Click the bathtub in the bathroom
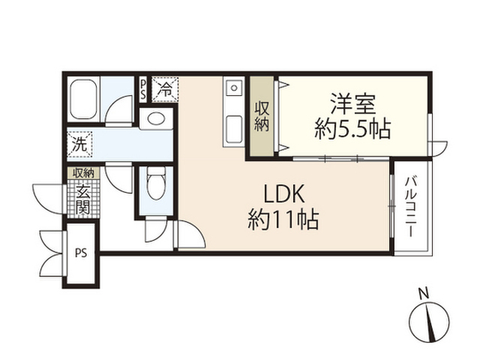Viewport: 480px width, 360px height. [x=83, y=99]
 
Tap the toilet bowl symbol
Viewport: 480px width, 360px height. [x=156, y=183]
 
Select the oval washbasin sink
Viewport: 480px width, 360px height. [x=156, y=118]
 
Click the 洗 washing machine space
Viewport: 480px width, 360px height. [x=79, y=144]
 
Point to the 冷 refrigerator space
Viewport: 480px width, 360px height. [x=165, y=89]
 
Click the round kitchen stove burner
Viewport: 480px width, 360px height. [x=234, y=88]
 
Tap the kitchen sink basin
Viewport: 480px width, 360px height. [x=234, y=129]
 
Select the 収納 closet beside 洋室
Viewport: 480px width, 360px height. [x=262, y=116]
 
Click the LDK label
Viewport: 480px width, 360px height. [x=284, y=193]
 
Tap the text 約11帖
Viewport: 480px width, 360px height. [x=283, y=219]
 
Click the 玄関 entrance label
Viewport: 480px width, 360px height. [x=83, y=199]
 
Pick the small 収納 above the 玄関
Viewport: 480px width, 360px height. [x=83, y=173]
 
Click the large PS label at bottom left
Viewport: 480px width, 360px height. [x=81, y=253]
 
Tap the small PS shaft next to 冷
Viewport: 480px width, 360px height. [x=143, y=89]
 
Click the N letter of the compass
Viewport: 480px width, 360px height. [x=424, y=294]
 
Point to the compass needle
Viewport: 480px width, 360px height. [x=430, y=322]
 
